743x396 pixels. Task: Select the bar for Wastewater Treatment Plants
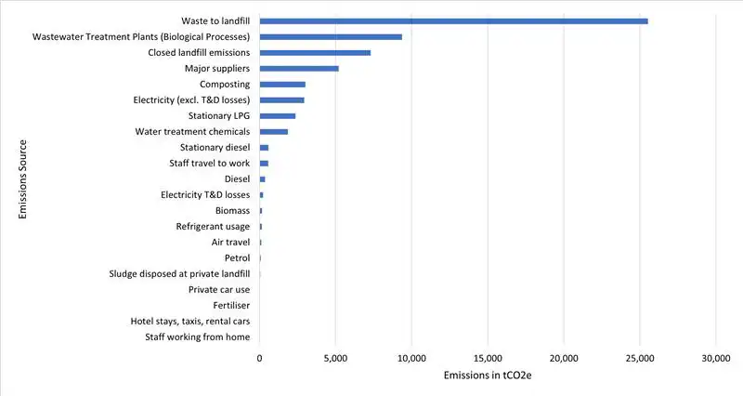point(331,36)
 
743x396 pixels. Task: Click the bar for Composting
point(282,85)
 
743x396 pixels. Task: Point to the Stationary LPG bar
point(278,116)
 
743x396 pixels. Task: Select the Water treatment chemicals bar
point(274,132)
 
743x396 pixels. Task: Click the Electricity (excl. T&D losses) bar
point(282,100)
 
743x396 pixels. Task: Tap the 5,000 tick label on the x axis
point(335,357)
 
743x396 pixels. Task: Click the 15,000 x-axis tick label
point(488,357)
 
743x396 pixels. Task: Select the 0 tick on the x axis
point(260,357)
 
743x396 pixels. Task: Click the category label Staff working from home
point(198,337)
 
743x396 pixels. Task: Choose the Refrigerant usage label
point(213,226)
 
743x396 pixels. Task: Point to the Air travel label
point(230,242)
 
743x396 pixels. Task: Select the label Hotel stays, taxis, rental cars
point(190,321)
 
